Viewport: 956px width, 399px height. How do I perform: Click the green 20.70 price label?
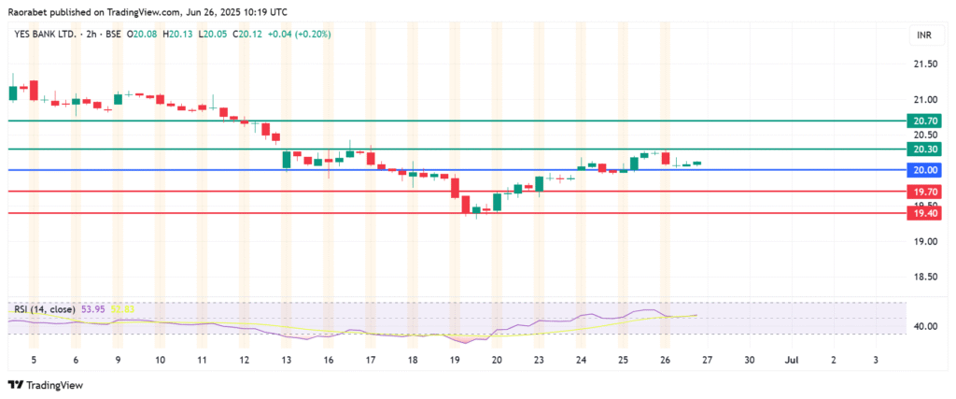click(925, 121)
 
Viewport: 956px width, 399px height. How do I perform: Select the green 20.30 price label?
click(925, 150)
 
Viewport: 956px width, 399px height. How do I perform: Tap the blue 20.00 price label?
click(925, 170)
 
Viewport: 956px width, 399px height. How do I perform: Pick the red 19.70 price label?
click(925, 192)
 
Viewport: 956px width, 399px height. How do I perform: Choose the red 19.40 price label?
click(925, 214)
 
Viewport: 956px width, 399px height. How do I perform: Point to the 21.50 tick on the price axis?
click(925, 64)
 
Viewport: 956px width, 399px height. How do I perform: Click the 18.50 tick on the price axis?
click(925, 278)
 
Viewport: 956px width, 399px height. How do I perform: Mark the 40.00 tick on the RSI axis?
click(925, 327)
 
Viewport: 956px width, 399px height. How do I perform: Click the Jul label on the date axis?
click(791, 359)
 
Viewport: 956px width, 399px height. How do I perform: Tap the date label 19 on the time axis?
click(455, 359)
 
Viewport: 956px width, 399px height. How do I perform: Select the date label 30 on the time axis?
click(750, 359)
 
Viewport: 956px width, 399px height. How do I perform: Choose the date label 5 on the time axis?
click(33, 359)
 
